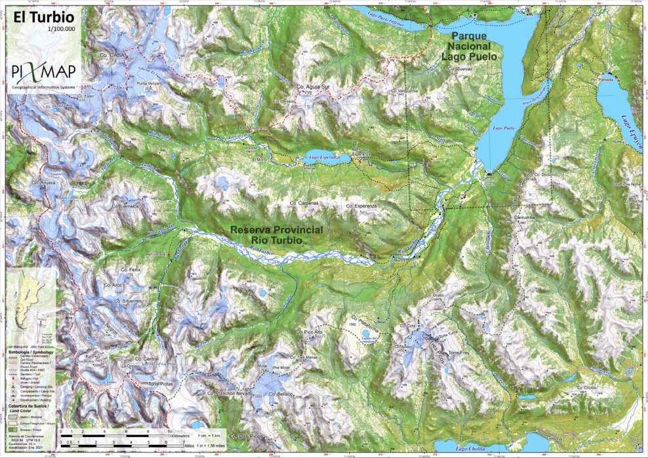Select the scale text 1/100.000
(x=62, y=29)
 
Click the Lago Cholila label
(x=472, y=449)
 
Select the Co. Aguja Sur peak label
(x=312, y=86)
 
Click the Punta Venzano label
(x=149, y=85)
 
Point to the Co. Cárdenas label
(x=304, y=204)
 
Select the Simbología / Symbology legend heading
(x=31, y=352)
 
